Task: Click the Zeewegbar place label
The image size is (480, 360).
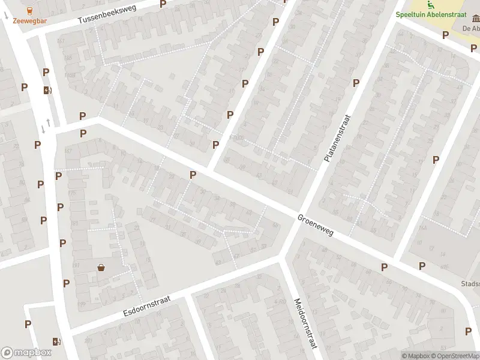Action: tap(29, 20)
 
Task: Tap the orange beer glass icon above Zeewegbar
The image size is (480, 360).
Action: tap(29, 10)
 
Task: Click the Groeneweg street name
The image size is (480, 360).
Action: tap(315, 224)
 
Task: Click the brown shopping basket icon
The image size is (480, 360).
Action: tap(101, 268)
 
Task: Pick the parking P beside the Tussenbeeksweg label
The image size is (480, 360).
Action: tap(163, 4)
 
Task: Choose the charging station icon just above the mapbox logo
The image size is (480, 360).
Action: tap(57, 341)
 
